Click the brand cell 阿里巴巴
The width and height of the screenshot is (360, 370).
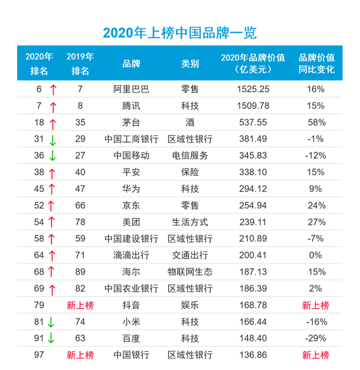coord(131,89)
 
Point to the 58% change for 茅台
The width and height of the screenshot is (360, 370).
coord(316,122)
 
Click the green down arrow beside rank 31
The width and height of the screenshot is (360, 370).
coord(53,140)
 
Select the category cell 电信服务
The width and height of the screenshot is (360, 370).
coord(189,156)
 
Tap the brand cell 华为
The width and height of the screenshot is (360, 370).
coord(131,189)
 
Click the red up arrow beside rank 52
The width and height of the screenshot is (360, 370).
coord(53,206)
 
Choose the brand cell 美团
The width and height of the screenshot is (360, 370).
coord(131,222)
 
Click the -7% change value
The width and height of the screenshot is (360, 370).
coord(316,239)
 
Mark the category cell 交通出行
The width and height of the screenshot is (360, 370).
coord(189,255)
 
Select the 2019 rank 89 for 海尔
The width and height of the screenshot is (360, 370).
coord(80,272)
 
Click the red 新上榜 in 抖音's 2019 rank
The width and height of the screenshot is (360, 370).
coord(80,305)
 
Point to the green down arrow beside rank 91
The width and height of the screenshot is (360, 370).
coord(53,339)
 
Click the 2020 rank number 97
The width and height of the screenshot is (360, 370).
coord(39,355)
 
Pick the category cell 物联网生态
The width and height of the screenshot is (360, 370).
coord(189,272)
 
